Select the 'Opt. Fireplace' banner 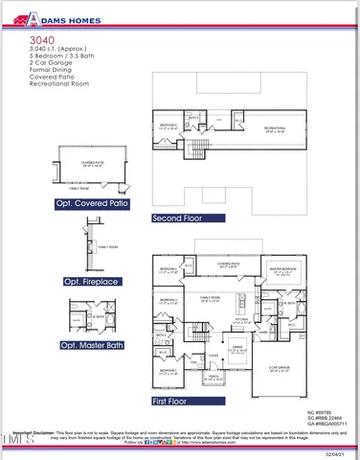tap(91, 282)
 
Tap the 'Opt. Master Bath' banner tap(95, 344)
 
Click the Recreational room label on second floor tap(279, 126)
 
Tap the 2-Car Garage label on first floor tap(281, 368)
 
